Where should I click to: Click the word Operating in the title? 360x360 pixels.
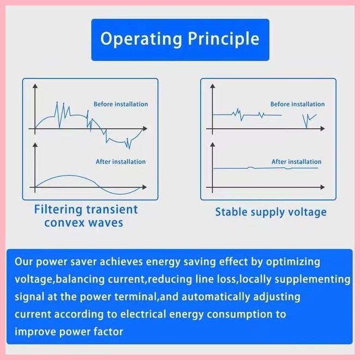click(x=141, y=39)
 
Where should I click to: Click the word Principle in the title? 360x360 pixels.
click(x=224, y=39)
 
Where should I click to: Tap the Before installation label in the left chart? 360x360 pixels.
click(x=121, y=104)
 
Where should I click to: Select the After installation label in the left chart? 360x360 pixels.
click(x=121, y=162)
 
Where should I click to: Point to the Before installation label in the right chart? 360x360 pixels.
click(x=298, y=104)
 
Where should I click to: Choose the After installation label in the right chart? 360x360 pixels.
click(x=297, y=162)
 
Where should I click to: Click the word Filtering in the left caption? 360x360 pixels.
click(x=58, y=210)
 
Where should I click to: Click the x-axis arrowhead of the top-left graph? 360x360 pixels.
click(x=145, y=129)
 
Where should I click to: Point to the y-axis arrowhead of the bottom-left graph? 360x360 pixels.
click(x=35, y=145)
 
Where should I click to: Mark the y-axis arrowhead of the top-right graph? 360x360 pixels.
click(x=212, y=86)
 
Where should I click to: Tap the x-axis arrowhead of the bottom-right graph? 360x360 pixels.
click(x=322, y=187)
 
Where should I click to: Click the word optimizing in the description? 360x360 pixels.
click(x=293, y=262)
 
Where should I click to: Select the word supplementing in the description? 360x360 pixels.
click(x=312, y=280)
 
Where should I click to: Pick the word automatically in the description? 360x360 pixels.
click(x=215, y=297)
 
